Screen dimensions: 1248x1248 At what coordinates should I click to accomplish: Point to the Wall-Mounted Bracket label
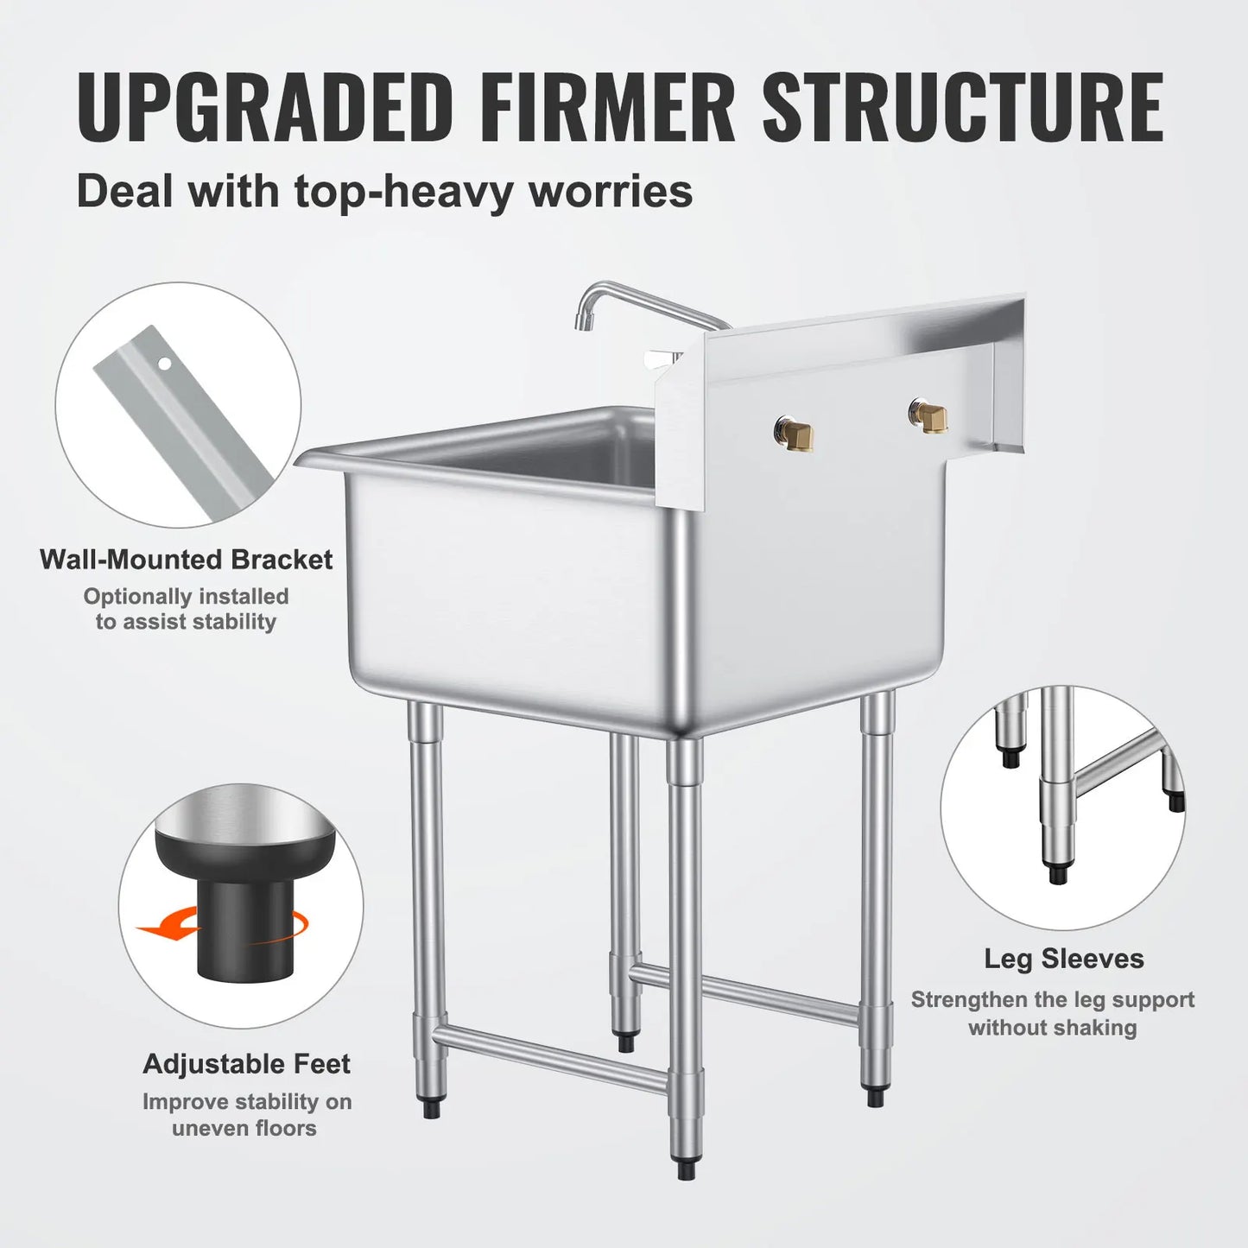click(x=186, y=560)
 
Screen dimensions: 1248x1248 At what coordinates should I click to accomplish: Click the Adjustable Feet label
click(x=246, y=1063)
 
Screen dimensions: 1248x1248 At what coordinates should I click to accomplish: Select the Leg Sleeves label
click(x=1063, y=959)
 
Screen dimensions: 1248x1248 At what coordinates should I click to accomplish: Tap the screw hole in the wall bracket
click(x=164, y=364)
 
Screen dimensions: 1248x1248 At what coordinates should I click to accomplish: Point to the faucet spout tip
click(x=582, y=321)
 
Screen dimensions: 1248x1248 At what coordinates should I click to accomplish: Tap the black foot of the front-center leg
click(x=687, y=1169)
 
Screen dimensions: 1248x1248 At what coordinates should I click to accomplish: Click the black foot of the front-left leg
click(x=432, y=1107)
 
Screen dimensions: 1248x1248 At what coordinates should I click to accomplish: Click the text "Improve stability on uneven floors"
click(x=246, y=1114)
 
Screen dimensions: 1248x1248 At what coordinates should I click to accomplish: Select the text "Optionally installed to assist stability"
click(x=186, y=609)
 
